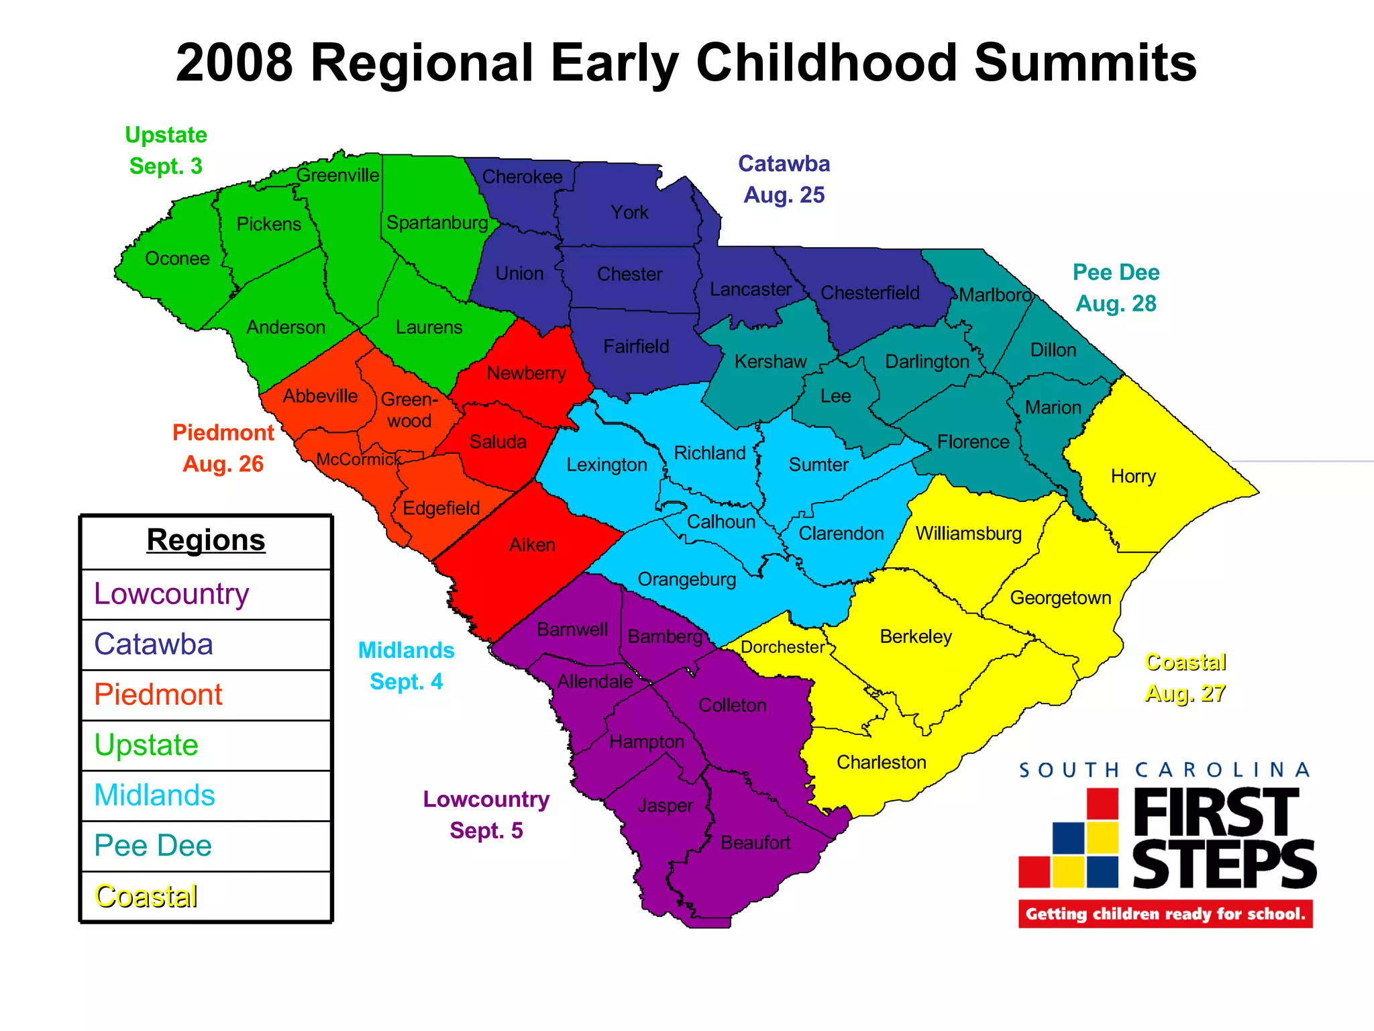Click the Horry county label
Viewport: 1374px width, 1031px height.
1133,477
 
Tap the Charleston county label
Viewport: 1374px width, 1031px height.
881,763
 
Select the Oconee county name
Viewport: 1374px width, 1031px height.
177,258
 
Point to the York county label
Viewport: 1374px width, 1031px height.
629,213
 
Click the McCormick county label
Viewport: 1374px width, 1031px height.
358,460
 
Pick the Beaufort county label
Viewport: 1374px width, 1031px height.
755,842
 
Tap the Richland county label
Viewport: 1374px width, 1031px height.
709,453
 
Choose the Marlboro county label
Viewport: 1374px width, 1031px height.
994,295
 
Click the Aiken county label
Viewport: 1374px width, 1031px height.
532,544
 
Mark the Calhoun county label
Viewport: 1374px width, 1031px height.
721,522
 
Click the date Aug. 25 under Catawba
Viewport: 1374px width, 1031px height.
784,195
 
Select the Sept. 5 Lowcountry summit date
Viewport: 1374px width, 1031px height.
486,830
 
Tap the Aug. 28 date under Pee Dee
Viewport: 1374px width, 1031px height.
1116,303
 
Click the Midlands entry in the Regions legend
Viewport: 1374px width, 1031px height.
154,795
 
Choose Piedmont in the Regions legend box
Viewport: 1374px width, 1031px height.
158,695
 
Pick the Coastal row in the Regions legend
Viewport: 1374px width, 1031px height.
146,896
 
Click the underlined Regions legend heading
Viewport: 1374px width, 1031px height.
206,540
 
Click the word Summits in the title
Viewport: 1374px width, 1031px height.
1085,63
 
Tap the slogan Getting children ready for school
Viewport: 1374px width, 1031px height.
1165,914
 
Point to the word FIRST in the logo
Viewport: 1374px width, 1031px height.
1216,813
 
